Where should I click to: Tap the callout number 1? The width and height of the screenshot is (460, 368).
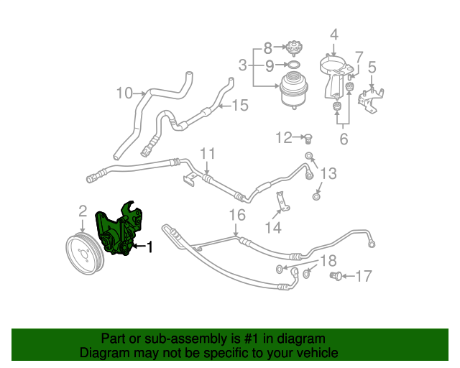coord(149,248)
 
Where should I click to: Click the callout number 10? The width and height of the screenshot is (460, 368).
coord(124,93)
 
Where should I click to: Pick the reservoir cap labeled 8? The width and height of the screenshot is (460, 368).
coord(292,49)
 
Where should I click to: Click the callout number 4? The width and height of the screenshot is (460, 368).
coord(333,33)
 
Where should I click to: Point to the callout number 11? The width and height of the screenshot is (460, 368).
coord(208,153)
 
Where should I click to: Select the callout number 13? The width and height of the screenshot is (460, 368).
coord(328,173)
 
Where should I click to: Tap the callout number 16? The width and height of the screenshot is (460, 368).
coord(236,214)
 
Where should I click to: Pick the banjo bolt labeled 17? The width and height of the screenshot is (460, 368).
coord(336,275)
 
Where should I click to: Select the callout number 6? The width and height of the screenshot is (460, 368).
coord(344,138)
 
